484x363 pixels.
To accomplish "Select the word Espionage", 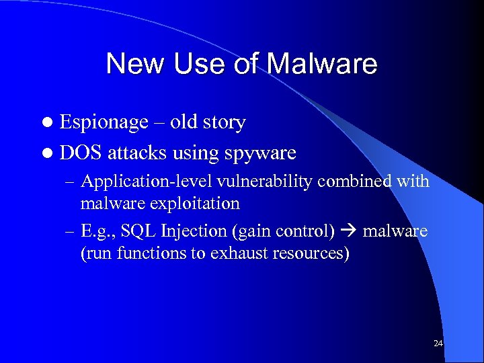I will (104, 123).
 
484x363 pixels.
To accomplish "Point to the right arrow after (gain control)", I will (349, 231).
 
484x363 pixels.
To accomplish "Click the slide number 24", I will (438, 344).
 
